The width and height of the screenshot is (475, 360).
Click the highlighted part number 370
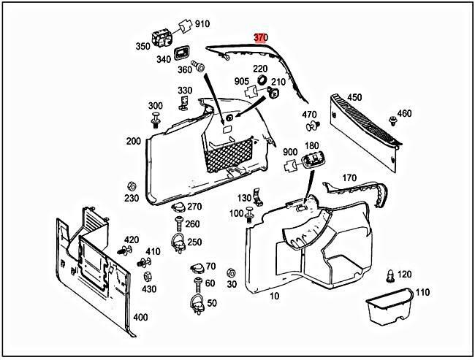tap(261, 37)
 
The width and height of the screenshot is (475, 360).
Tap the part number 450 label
tap(354, 97)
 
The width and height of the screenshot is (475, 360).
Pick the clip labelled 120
tap(389, 276)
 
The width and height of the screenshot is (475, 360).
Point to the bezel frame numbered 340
tap(183, 53)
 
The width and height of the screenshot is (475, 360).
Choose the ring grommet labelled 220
tap(261, 81)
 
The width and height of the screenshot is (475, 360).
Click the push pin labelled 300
tap(156, 120)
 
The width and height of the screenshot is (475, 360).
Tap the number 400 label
tap(140, 318)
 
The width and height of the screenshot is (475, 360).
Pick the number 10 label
tap(275, 296)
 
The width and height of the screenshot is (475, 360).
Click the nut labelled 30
tap(232, 272)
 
